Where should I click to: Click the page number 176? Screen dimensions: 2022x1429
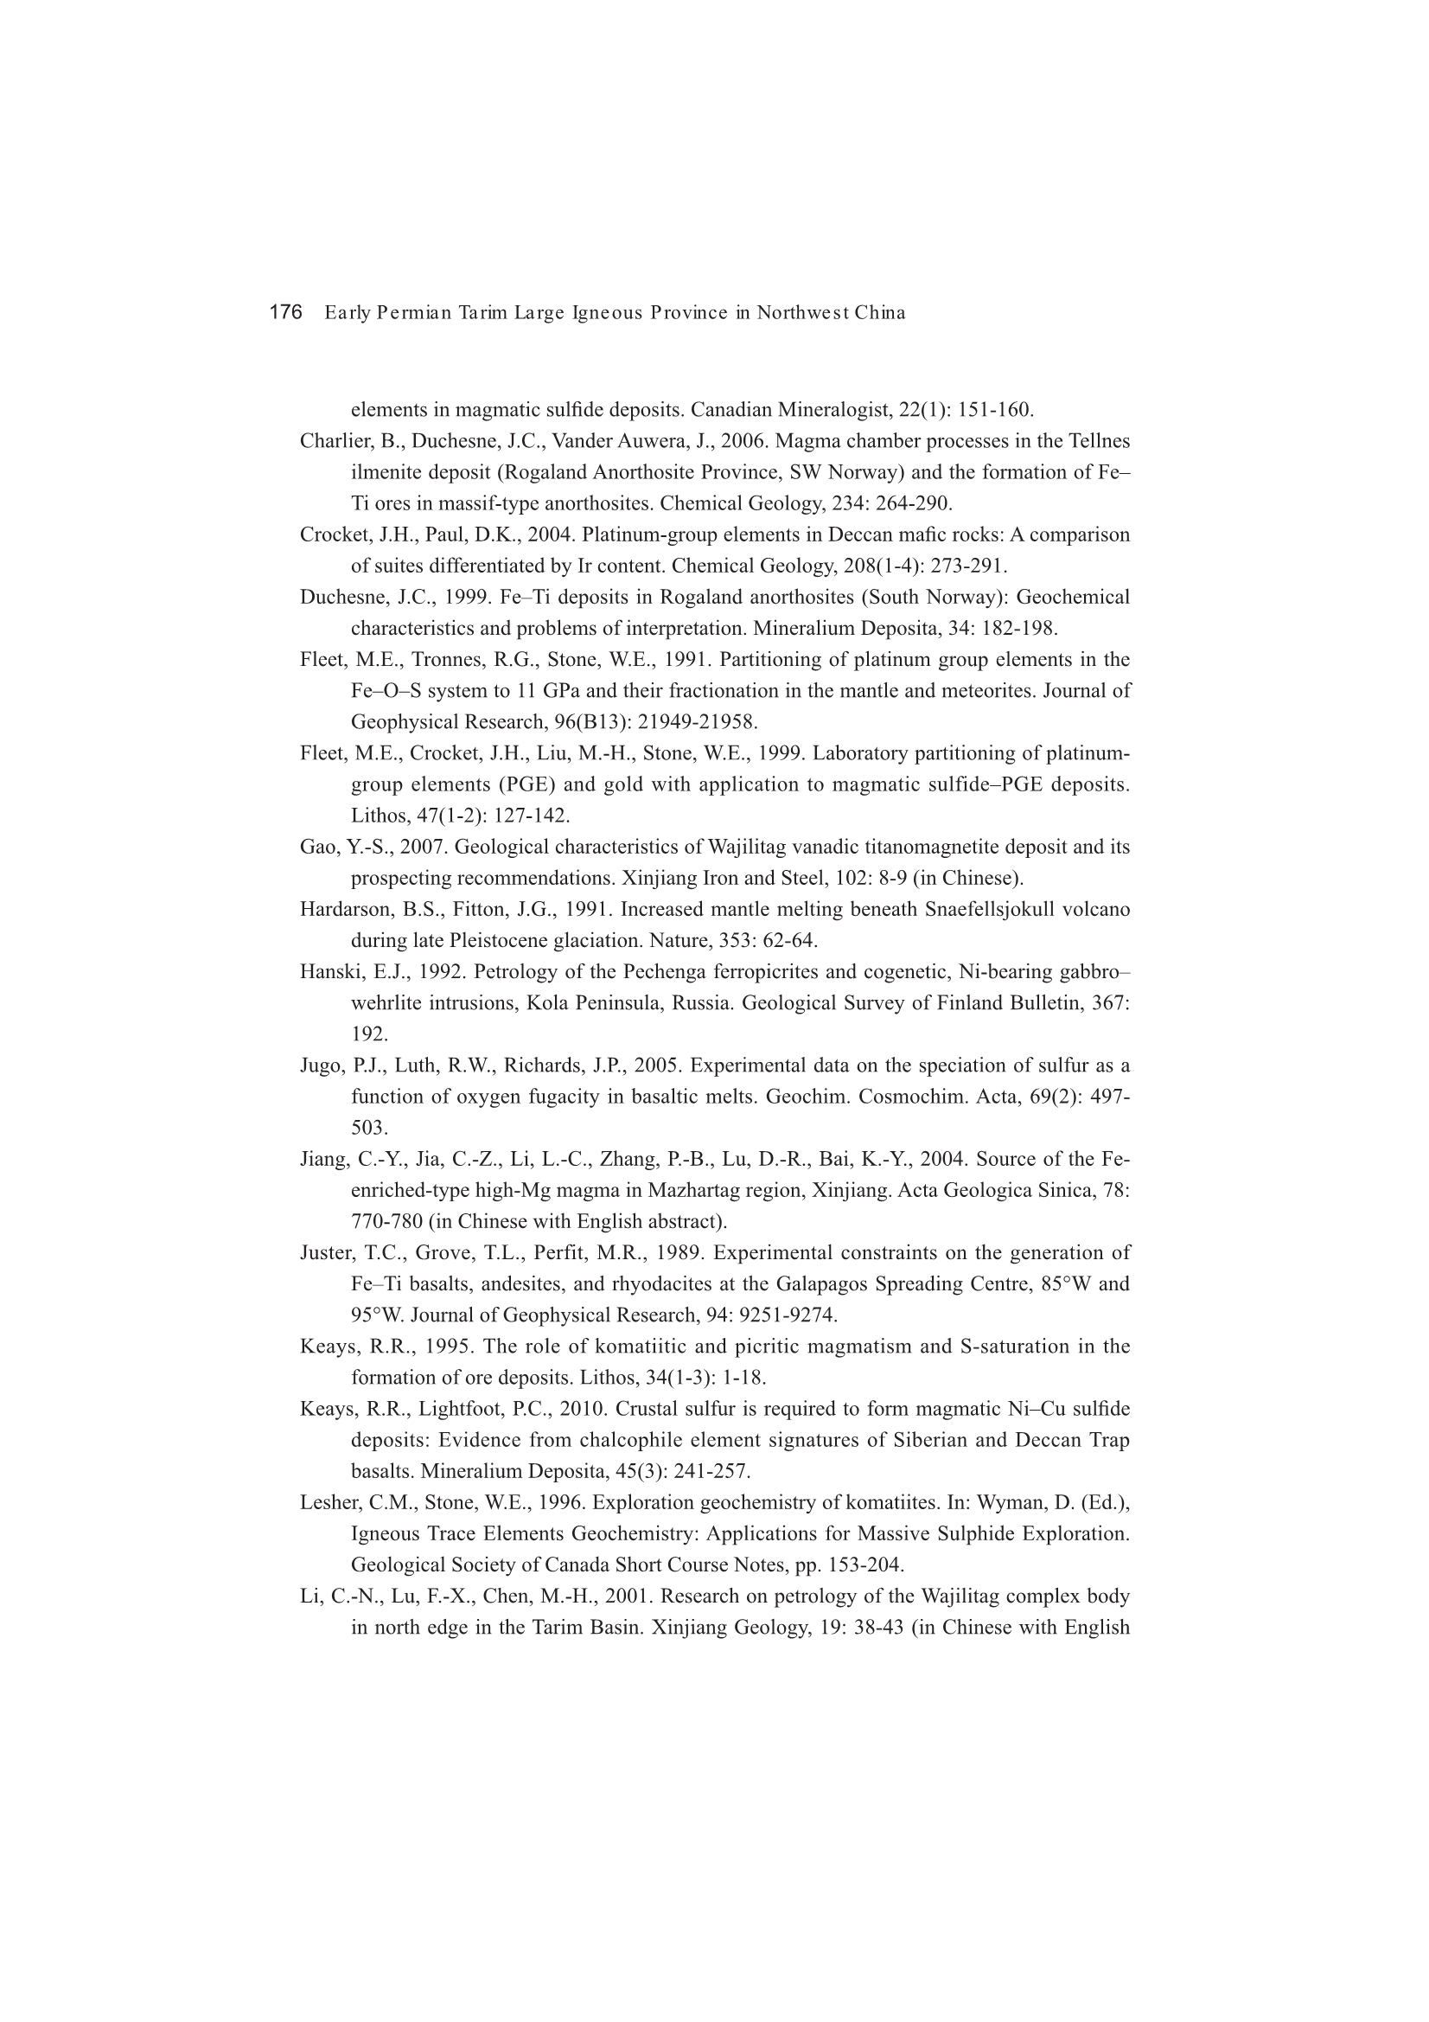coord(285,312)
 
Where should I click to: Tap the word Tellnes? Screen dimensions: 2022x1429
coord(1100,441)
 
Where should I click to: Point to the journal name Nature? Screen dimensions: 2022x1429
coord(674,941)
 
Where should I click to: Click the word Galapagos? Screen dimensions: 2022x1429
coord(821,1284)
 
